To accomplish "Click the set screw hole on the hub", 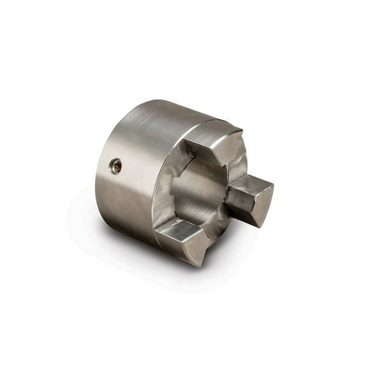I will pos(116,167).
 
